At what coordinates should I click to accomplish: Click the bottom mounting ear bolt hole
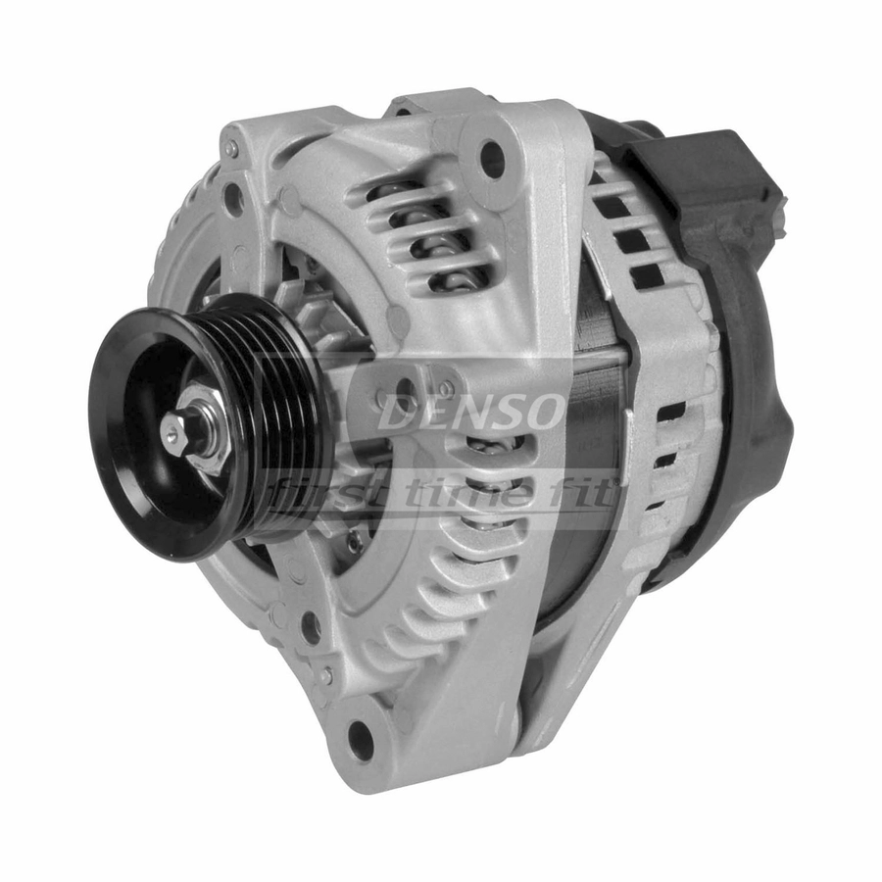pyautogui.click(x=360, y=733)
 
